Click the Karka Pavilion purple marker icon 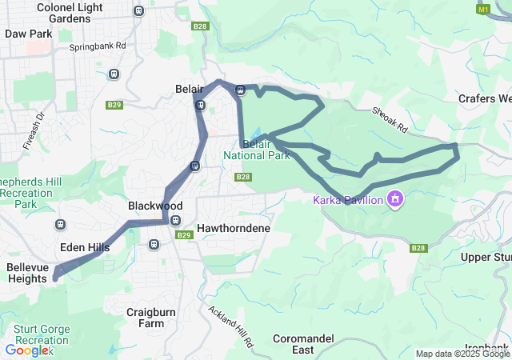point(394,198)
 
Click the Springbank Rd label point(98,46)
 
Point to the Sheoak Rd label point(389,121)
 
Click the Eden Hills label point(85,248)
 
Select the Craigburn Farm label point(145,317)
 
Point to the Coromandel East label point(302,344)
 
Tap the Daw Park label point(28,34)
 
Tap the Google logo point(26,350)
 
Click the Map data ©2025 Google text point(462,354)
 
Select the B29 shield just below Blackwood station point(183,235)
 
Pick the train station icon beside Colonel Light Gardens point(139,11)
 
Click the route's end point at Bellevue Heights point(55,278)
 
